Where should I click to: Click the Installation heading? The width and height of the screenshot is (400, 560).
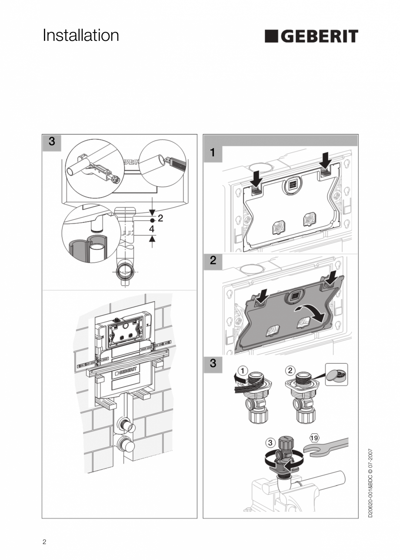click(x=81, y=36)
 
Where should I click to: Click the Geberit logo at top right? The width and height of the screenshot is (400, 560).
click(x=311, y=36)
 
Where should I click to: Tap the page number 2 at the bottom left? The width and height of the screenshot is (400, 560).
click(x=44, y=542)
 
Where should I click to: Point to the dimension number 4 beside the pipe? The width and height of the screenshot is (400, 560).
click(x=152, y=228)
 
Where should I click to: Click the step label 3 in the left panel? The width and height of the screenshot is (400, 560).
click(x=52, y=142)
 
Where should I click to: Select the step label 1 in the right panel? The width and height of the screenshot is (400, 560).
click(x=213, y=153)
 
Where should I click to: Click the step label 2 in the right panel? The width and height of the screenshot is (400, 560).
click(x=213, y=260)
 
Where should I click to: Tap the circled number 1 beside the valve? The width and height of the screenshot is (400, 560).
click(x=243, y=370)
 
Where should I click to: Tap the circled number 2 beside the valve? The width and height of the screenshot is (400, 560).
click(x=290, y=370)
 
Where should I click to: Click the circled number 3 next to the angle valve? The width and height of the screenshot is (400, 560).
click(x=270, y=442)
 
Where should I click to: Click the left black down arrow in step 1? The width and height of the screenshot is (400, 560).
click(x=257, y=177)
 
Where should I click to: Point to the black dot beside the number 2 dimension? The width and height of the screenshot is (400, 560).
click(x=153, y=221)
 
